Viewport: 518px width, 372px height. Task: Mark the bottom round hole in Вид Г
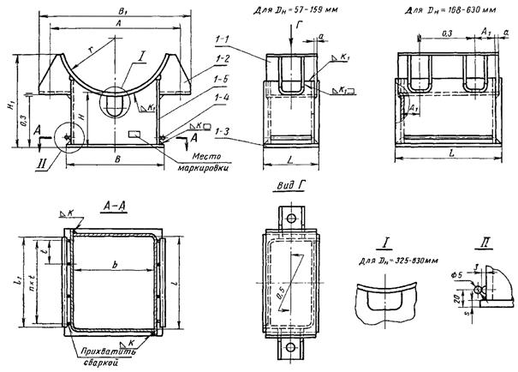(x=290, y=347)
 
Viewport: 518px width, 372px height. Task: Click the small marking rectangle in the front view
(x=136, y=134)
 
